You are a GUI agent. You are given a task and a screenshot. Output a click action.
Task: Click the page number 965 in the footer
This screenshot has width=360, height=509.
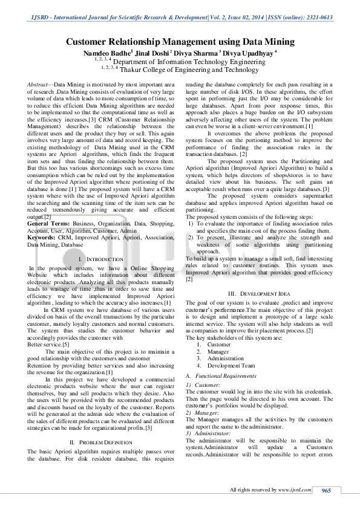(x=326, y=490)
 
